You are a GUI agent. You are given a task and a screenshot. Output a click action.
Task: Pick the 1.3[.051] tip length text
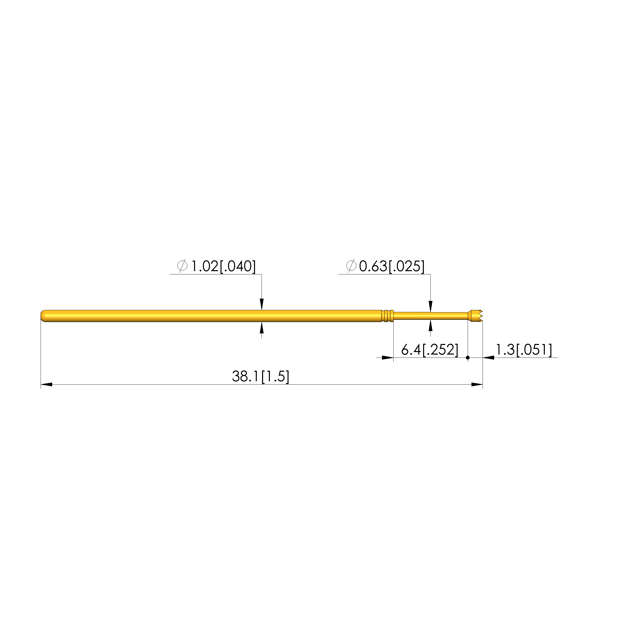click(x=524, y=350)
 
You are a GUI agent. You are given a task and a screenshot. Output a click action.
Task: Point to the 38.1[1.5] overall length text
click(x=261, y=376)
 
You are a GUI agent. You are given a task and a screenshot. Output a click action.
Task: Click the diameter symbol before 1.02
click(x=182, y=266)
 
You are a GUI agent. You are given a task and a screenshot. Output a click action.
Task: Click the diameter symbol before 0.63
click(x=351, y=266)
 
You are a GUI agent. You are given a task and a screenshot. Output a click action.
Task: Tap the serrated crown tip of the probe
click(x=476, y=316)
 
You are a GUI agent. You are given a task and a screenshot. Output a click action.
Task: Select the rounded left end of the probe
click(x=44, y=316)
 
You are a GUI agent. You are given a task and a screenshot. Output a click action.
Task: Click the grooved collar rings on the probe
click(x=387, y=316)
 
